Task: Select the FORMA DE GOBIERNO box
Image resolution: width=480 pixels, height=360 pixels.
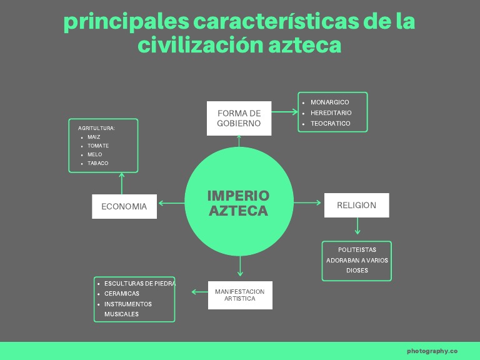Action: [239, 118]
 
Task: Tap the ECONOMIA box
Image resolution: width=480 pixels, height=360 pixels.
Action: [124, 206]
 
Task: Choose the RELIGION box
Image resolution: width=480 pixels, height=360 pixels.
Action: [356, 205]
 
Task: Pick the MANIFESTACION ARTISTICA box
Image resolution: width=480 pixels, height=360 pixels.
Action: [239, 295]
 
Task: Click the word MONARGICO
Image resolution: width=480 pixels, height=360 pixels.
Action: [329, 102]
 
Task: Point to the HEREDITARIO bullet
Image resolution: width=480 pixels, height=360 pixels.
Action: [331, 113]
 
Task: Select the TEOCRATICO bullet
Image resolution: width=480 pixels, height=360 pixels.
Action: [330, 124]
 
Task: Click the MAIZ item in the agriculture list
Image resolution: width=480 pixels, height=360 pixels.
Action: [94, 137]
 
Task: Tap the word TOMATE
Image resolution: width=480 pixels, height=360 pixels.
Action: [98, 146]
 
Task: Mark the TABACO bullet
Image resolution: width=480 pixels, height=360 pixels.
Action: [97, 163]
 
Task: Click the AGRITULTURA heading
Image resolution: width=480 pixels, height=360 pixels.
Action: [96, 128]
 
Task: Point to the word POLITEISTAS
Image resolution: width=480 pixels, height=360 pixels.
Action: [357, 250]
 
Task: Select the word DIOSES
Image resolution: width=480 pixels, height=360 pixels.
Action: [357, 271]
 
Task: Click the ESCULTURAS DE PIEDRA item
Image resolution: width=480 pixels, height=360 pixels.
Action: [139, 283]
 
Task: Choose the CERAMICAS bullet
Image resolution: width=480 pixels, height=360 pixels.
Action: [122, 293]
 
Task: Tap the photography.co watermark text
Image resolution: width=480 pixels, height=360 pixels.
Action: [432, 351]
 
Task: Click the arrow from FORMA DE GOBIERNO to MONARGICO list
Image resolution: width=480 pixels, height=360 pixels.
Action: [284, 112]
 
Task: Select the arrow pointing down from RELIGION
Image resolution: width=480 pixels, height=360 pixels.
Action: [357, 226]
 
